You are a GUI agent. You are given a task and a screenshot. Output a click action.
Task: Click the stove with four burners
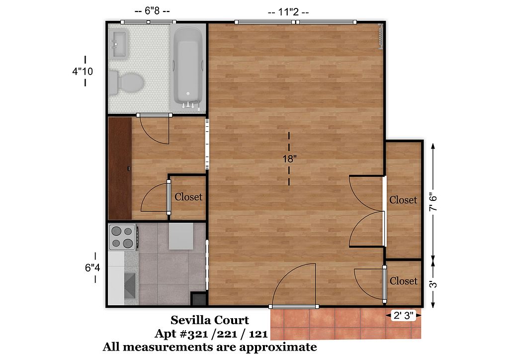[122, 237]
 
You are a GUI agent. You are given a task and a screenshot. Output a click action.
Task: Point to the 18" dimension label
[290, 159]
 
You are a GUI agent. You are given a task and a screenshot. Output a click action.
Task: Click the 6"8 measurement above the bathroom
[152, 11]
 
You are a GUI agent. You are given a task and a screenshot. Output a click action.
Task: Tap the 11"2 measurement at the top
[288, 12]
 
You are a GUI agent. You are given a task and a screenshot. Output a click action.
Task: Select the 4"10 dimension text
[83, 71]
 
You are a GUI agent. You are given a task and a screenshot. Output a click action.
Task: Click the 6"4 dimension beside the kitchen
[92, 268]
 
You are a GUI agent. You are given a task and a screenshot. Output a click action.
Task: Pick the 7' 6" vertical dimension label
[433, 202]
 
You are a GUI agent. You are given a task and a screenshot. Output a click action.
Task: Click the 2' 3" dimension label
[403, 315]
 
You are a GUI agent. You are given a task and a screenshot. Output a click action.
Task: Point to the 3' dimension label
[433, 285]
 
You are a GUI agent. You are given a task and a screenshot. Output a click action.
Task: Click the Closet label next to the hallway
[188, 197]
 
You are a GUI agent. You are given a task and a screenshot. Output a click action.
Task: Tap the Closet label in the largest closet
[403, 199]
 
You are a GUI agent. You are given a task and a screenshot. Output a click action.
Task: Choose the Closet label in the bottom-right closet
[404, 280]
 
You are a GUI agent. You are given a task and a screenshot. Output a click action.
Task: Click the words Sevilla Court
[210, 320]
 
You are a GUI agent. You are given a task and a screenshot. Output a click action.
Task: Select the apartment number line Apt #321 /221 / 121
[211, 333]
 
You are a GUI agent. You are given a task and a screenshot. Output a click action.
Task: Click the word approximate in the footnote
[277, 347]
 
